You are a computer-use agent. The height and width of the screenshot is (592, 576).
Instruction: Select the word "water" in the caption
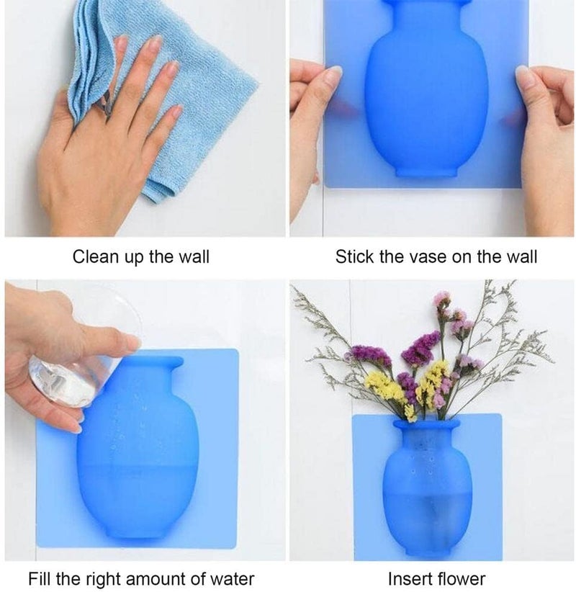point(232,579)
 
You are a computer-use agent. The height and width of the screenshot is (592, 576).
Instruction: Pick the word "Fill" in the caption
point(40,579)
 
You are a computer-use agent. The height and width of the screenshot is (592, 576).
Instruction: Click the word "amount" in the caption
point(156,579)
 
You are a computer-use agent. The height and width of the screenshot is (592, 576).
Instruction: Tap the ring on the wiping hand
point(107,109)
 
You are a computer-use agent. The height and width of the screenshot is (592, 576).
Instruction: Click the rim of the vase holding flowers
point(426,424)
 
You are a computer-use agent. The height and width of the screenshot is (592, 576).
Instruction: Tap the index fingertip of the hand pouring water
point(133,343)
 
